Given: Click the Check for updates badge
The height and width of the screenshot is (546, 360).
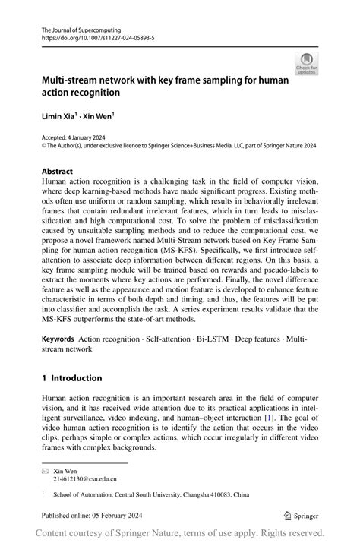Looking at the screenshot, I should click(x=307, y=64).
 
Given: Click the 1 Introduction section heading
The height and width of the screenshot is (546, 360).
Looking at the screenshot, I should click(x=71, y=378).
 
